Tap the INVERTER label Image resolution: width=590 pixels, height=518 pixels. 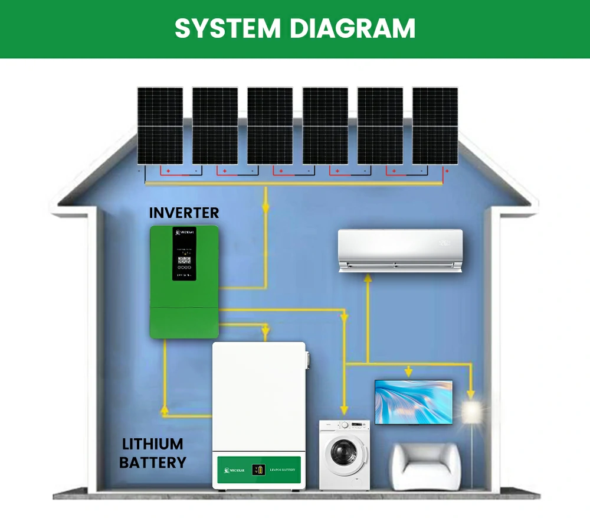[x=183, y=213]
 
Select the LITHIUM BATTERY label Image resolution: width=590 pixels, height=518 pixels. [x=152, y=453]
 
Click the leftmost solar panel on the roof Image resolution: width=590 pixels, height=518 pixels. [x=160, y=126]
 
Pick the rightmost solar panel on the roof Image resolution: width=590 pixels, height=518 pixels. [x=435, y=126]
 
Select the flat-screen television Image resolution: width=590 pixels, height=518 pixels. [x=414, y=402]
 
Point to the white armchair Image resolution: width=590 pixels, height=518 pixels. [x=426, y=466]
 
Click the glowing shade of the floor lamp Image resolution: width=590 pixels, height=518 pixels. [x=471, y=412]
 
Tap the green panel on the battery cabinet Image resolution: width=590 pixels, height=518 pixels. [x=258, y=470]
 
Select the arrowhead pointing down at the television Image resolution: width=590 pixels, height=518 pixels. [x=408, y=372]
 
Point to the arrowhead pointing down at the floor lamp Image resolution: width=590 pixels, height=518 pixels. [x=471, y=393]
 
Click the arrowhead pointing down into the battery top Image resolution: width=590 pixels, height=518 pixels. [x=266, y=328]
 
